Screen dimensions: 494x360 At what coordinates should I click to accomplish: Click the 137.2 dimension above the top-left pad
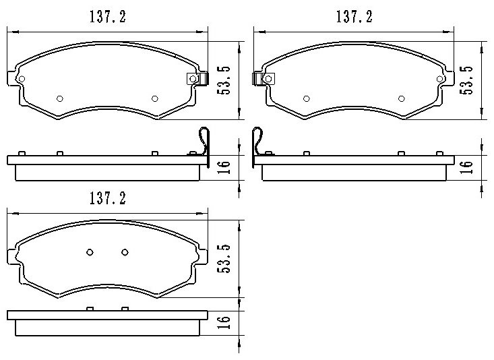coord(108,17)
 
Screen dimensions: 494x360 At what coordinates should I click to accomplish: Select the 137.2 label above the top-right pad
coord(354,17)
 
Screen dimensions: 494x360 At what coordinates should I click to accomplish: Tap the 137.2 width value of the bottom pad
coord(108,198)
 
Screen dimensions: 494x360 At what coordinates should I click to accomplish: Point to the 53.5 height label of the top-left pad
coord(224,81)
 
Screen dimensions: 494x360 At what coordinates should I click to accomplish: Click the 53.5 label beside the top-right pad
coord(466,80)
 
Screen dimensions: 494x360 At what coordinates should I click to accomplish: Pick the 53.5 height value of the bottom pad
coord(224,258)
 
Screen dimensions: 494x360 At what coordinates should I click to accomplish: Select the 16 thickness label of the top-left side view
coord(224,167)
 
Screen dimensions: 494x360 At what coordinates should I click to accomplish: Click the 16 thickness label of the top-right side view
coord(466,167)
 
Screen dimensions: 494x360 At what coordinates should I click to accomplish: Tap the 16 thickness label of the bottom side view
coord(224,322)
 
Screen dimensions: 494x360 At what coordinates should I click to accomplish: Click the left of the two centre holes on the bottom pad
coord(90,252)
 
